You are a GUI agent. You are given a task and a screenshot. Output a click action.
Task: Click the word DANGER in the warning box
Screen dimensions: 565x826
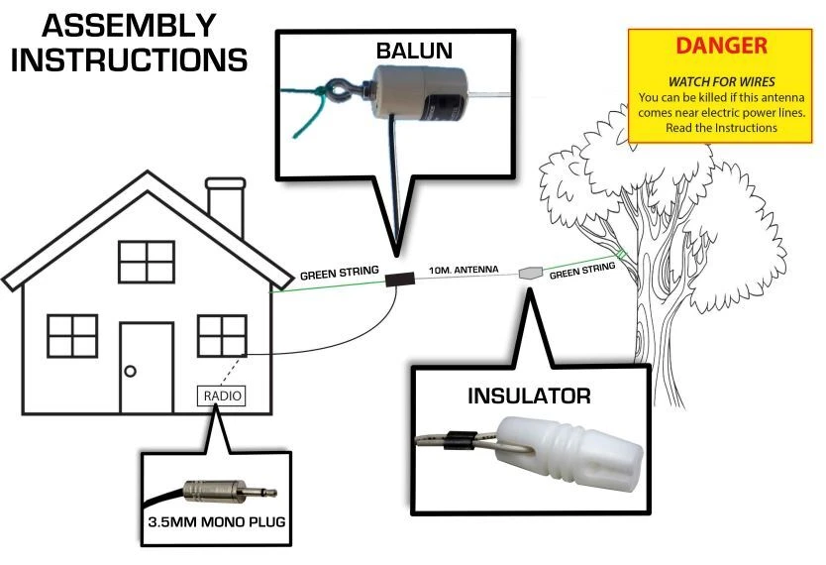coord(720,46)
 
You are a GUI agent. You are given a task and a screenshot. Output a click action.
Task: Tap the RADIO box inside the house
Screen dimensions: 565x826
coord(221,395)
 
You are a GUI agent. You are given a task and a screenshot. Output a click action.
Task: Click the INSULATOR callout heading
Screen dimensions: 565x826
coord(529,396)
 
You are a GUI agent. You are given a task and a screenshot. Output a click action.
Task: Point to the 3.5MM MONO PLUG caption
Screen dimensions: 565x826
coord(216,522)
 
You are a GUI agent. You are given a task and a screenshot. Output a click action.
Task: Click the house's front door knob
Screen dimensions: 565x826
coord(130,371)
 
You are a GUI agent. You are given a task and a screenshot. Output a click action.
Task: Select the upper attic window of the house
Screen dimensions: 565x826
coord(147,262)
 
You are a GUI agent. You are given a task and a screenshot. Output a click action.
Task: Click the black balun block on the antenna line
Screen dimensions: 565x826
coord(398,282)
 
